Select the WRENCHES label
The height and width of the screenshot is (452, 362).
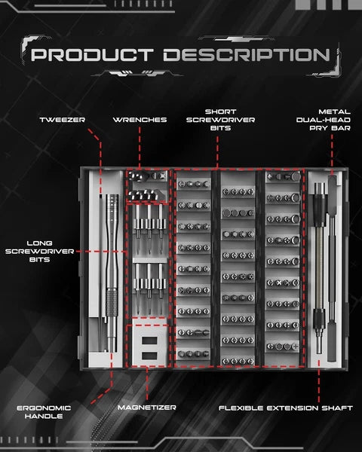point(140,120)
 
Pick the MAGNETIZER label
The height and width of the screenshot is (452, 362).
point(147,408)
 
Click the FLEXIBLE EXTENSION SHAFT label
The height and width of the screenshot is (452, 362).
point(286,408)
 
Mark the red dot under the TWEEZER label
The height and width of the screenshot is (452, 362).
point(89,130)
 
